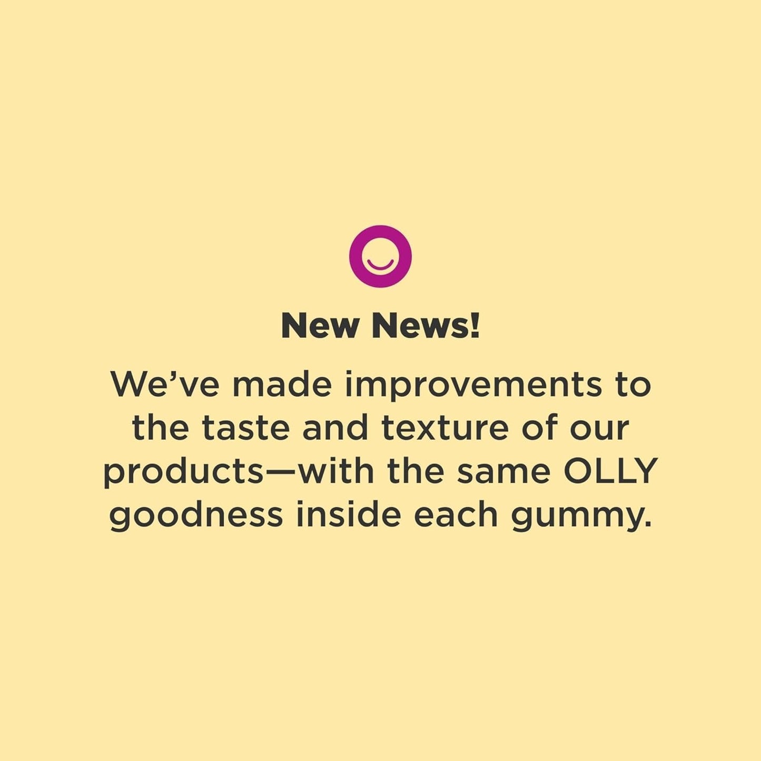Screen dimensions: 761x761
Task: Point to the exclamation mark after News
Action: click(475, 325)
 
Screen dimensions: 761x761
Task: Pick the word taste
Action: click(246, 428)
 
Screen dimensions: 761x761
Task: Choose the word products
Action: click(182, 472)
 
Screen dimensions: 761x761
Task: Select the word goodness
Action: click(196, 516)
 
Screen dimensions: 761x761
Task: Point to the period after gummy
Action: click(648, 526)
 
